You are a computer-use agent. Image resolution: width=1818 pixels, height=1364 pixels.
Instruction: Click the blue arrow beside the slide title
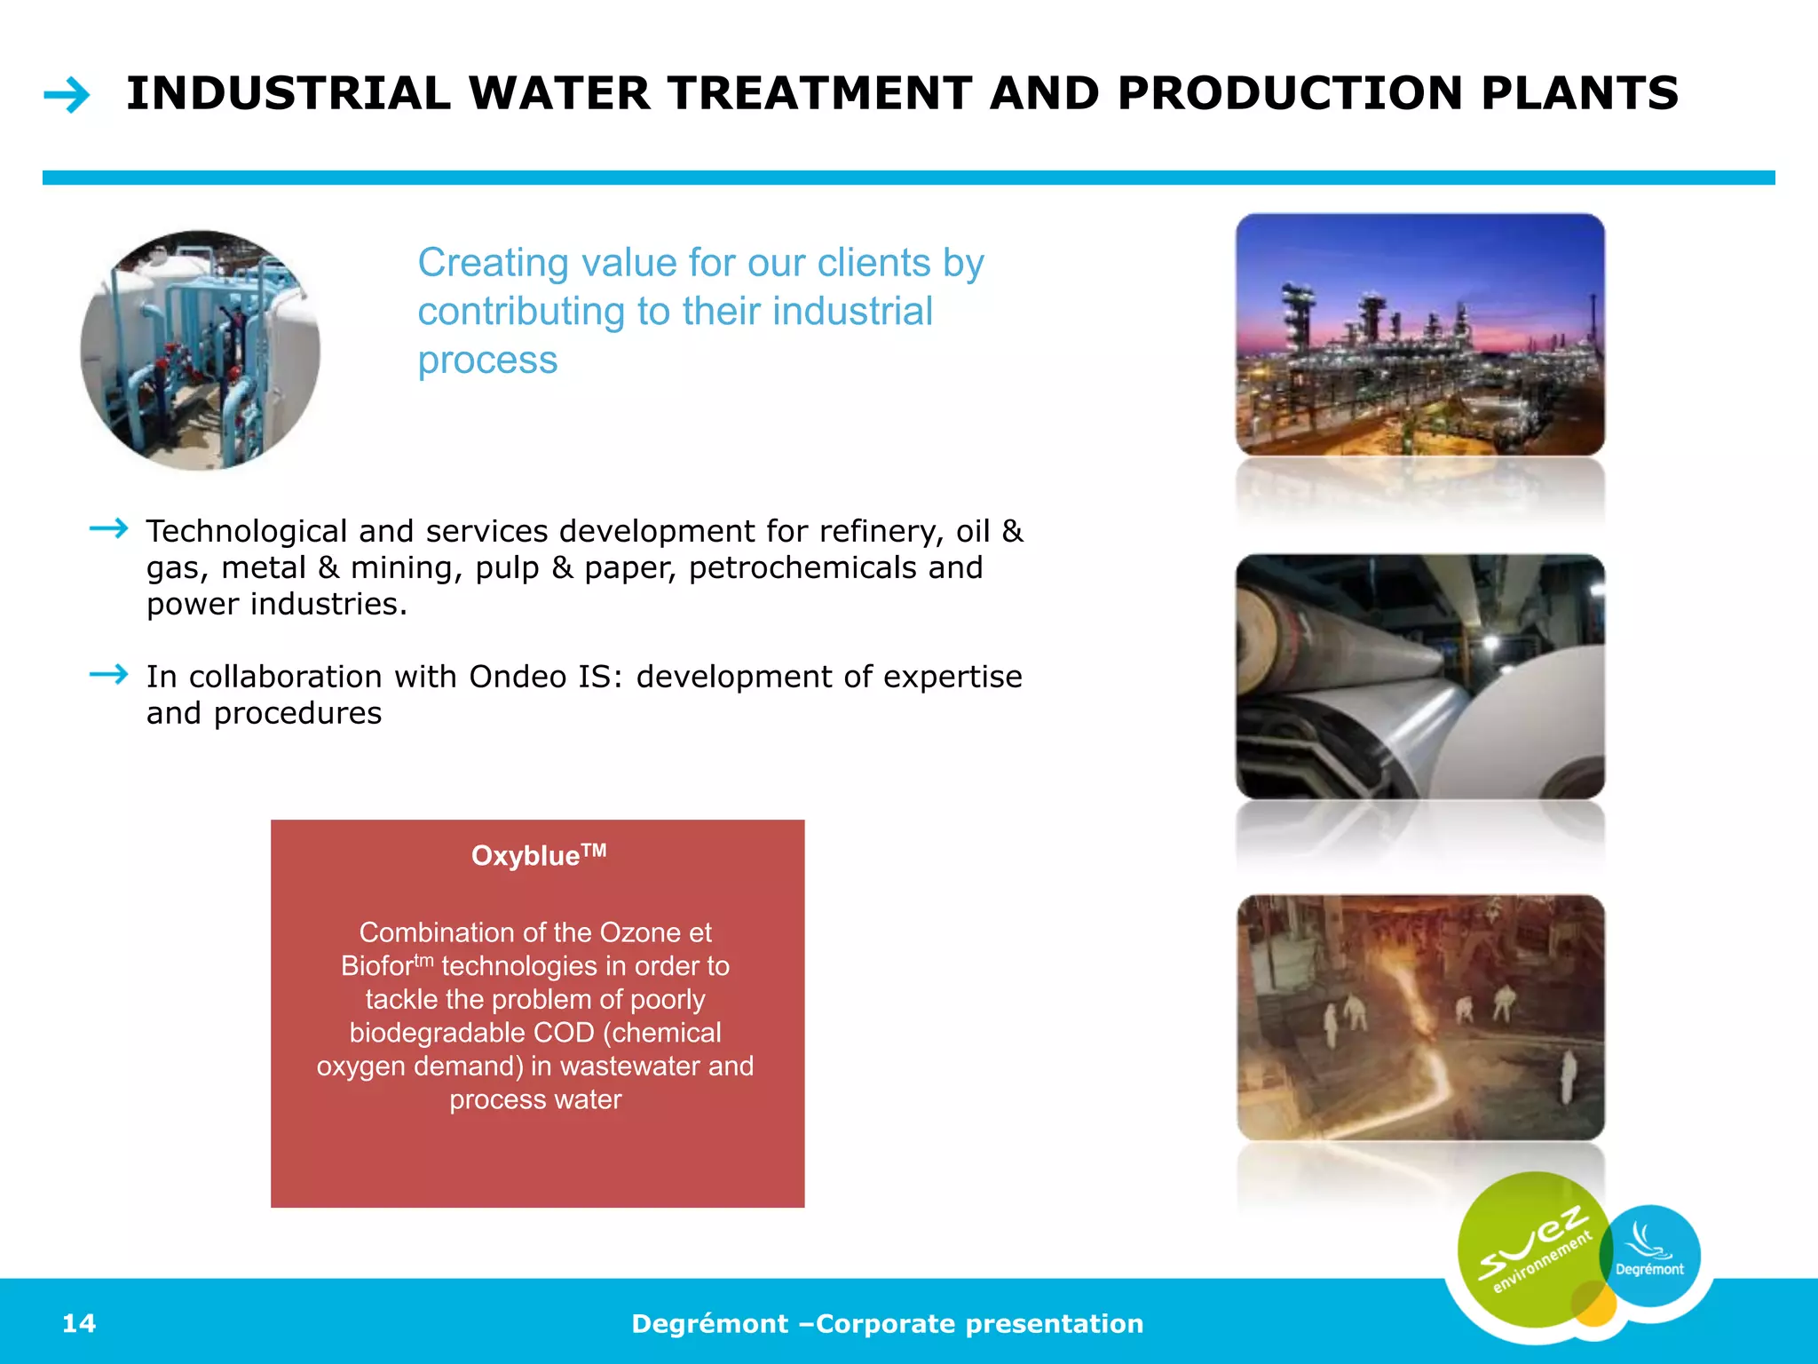(67, 95)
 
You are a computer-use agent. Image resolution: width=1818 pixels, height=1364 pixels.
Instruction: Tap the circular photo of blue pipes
(201, 351)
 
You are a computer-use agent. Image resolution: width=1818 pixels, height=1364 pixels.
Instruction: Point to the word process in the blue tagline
(487, 361)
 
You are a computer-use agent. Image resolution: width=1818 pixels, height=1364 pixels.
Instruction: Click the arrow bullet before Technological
(109, 529)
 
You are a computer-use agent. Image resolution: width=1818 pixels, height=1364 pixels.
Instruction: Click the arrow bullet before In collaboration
(109, 675)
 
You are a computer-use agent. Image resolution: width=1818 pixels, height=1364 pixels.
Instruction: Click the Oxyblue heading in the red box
(538, 855)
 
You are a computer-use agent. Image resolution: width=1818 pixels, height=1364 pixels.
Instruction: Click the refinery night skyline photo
(1419, 335)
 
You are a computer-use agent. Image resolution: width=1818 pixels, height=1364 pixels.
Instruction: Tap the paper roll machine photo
(1419, 677)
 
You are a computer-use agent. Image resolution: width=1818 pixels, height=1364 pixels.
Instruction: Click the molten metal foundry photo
(1419, 1017)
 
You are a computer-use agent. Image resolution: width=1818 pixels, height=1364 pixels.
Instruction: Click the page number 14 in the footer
(79, 1323)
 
